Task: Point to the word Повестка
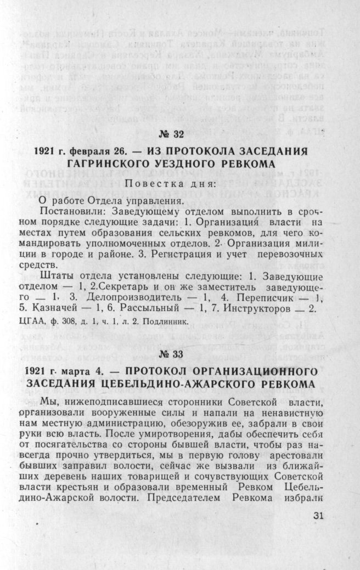tap(148, 183)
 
